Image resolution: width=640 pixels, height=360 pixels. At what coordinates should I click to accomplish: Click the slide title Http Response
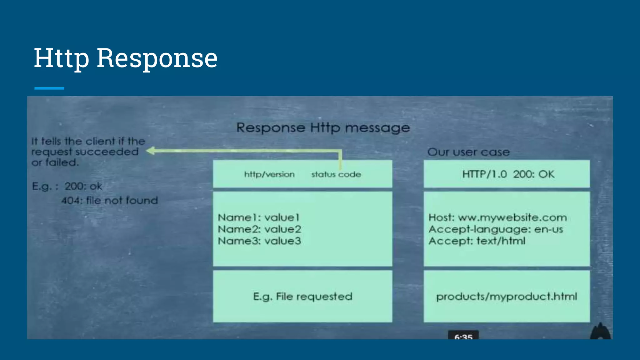tap(126, 58)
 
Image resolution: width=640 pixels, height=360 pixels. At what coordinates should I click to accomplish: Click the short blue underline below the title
tap(49, 88)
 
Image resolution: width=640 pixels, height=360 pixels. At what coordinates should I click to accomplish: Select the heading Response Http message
tap(323, 127)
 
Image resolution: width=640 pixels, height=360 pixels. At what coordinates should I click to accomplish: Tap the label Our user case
tap(468, 152)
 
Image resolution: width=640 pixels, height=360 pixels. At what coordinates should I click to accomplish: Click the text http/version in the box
tap(269, 174)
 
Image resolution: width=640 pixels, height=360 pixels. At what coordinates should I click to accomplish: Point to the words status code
tap(336, 174)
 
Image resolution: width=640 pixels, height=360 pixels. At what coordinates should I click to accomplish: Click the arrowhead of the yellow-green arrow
tap(151, 151)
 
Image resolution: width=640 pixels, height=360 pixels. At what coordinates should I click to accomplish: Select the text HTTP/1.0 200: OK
tap(508, 174)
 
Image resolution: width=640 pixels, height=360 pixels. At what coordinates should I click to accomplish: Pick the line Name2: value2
tap(259, 229)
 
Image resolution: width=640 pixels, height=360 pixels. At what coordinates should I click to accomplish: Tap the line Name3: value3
tap(259, 241)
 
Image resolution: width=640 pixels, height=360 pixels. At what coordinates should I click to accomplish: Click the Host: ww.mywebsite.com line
tap(497, 217)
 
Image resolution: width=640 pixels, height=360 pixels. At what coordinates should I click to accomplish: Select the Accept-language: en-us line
tap(496, 229)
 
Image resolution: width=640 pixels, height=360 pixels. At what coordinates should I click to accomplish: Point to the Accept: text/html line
tap(477, 241)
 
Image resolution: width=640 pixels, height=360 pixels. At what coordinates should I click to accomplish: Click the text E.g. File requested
tap(302, 296)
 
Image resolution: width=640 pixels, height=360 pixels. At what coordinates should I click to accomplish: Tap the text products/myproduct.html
tap(507, 296)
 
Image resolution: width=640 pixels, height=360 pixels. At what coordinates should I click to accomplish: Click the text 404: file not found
tap(109, 200)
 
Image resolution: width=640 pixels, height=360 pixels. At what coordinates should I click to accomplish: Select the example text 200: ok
tap(83, 186)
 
